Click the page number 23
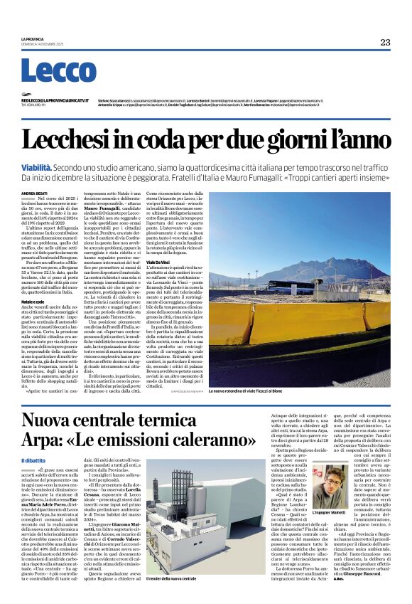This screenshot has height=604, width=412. click(x=384, y=43)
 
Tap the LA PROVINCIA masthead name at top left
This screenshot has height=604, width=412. click(x=33, y=38)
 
